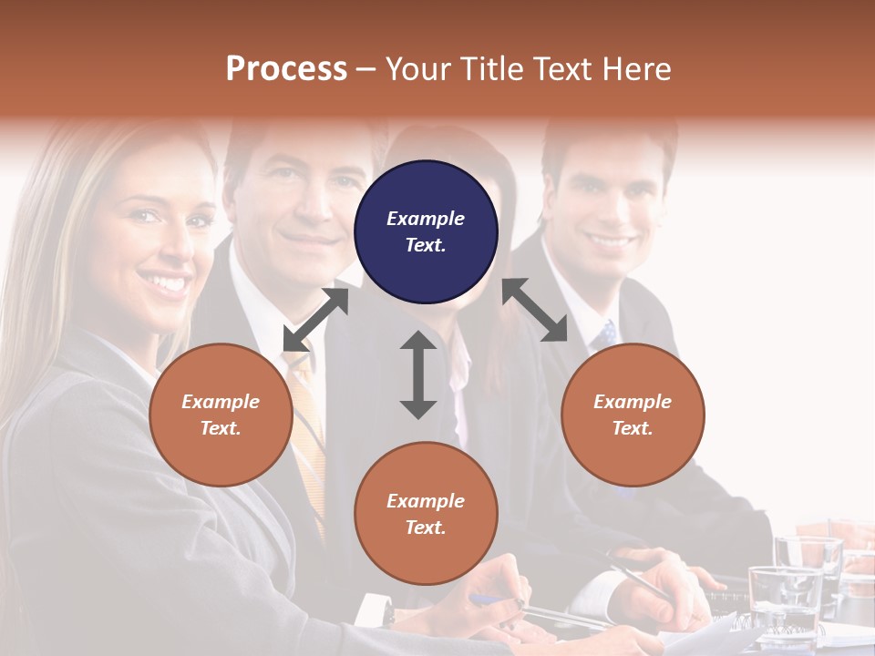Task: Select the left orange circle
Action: point(221,415)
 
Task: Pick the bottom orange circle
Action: point(426,514)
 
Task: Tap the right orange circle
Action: point(633,415)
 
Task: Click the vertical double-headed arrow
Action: point(418,374)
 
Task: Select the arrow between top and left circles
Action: point(315,319)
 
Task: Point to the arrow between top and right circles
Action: point(535,310)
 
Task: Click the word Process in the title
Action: point(286,68)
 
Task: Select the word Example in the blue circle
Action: point(426,219)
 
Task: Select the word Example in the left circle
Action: point(221,402)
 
